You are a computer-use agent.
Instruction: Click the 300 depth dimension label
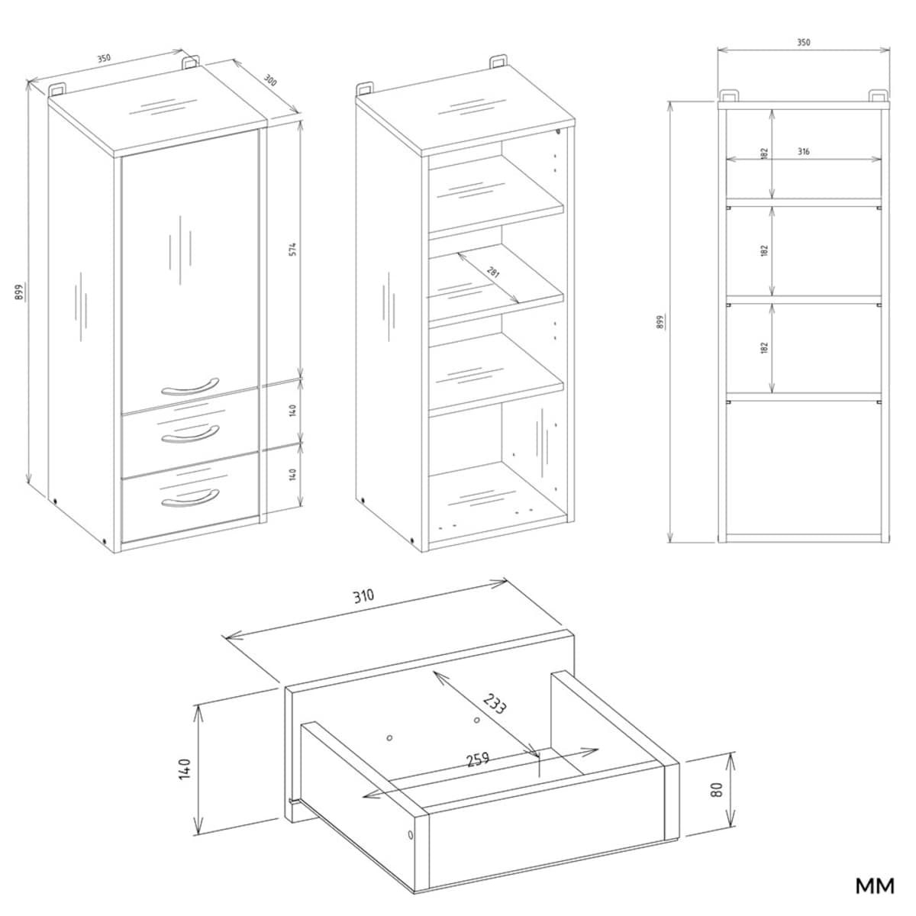pos(269,81)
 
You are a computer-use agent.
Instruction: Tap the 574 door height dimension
pos(293,250)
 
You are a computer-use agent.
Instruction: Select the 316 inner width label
pos(803,152)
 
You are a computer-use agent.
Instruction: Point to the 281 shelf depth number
pos(493,273)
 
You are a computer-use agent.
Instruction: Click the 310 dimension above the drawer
pos(363,596)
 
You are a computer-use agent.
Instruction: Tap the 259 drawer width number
pos(478,759)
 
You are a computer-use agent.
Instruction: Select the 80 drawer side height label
pos(718,789)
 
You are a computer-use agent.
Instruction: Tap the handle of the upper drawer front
pos(190,434)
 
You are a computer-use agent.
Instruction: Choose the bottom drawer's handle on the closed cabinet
pos(190,498)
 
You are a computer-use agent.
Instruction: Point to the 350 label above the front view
pos(803,42)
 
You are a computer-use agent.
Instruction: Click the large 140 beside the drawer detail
pos(184,769)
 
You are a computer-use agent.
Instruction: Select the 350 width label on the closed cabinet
pos(104,59)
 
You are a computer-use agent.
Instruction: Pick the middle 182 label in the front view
pos(764,250)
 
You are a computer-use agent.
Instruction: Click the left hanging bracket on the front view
pos(729,95)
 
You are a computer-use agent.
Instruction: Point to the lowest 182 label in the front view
pos(764,347)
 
